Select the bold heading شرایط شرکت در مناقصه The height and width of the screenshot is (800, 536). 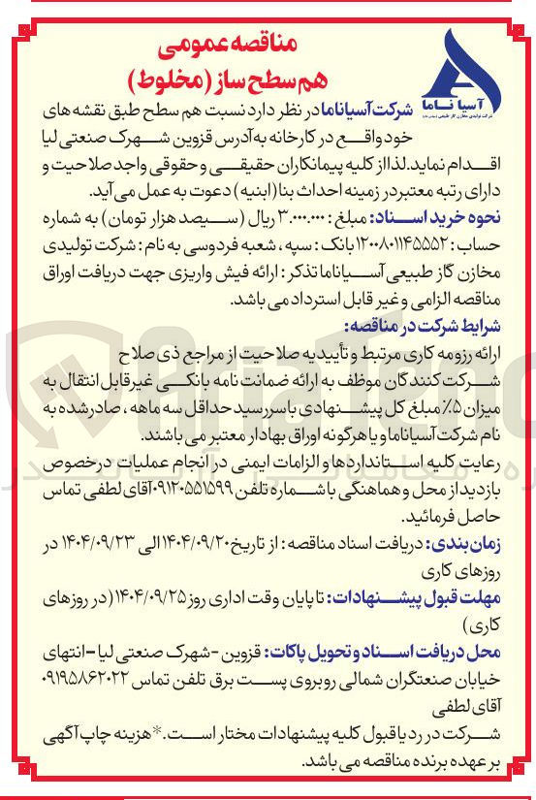pyautogui.click(x=437, y=325)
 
